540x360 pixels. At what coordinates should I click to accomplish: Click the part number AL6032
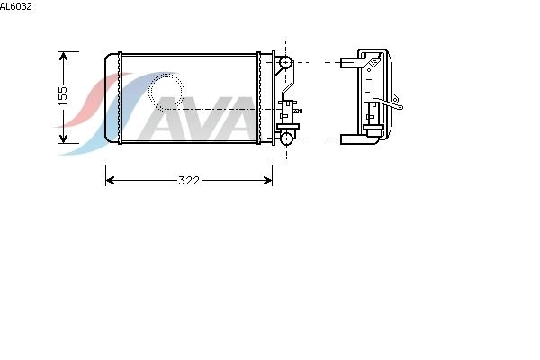click(x=16, y=6)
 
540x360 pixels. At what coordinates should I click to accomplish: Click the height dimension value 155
click(x=63, y=95)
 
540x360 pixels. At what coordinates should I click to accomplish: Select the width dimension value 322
click(x=189, y=181)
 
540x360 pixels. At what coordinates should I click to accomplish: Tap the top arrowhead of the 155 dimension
click(x=63, y=56)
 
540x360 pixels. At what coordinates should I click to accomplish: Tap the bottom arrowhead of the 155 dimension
click(x=63, y=139)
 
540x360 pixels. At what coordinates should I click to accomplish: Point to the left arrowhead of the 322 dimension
click(x=110, y=181)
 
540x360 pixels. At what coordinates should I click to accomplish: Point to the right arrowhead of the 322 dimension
click(x=268, y=181)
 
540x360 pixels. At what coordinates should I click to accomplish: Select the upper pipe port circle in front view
click(x=285, y=63)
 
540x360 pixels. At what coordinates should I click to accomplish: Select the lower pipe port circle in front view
click(x=286, y=139)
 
